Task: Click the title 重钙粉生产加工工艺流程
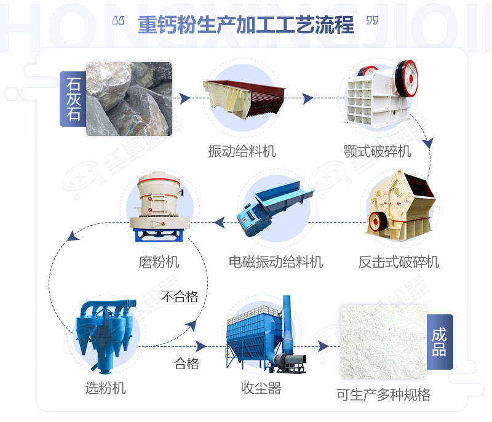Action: (x=246, y=25)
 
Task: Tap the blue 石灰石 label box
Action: (x=73, y=98)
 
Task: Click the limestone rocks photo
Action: (x=129, y=98)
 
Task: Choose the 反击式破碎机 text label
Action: (x=399, y=262)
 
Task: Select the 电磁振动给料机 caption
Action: (x=276, y=262)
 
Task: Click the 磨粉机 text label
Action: (x=159, y=262)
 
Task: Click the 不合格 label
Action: (x=180, y=297)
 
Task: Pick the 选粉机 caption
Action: (x=105, y=388)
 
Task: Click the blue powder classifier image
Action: (x=105, y=332)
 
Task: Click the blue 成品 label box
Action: (x=439, y=342)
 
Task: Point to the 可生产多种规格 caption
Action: (x=383, y=394)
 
